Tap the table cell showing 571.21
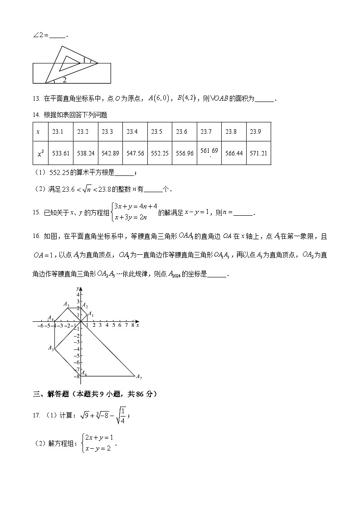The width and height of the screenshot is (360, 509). coord(258,153)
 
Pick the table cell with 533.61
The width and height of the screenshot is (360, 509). coord(61,153)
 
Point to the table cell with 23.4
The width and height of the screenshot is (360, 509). coord(132,132)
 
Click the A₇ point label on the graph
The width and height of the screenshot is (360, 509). coord(139,377)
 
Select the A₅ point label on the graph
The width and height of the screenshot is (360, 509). coord(51,348)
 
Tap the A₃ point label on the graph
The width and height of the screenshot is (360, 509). coord(66,305)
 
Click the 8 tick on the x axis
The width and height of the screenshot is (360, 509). coord(132,325)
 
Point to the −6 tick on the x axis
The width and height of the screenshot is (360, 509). coord(39,325)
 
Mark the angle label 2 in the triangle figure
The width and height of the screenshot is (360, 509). coord(65,80)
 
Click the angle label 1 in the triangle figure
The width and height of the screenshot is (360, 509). coord(83,59)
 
